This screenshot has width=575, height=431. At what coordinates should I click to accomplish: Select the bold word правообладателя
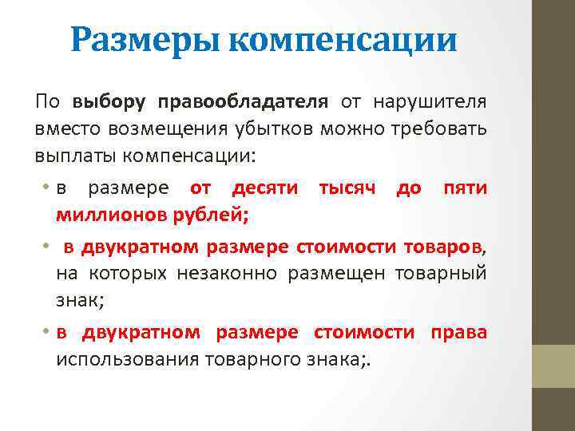tap(243, 102)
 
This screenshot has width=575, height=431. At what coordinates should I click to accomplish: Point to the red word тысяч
tap(347, 189)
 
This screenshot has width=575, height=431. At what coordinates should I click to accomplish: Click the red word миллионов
tap(104, 214)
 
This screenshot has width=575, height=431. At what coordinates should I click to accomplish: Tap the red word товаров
tap(442, 247)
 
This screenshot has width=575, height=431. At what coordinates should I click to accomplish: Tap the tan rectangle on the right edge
tap(553, 366)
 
